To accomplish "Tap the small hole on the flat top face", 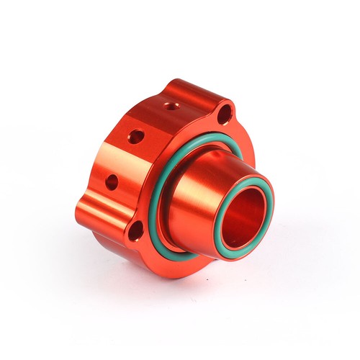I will (x=170, y=106).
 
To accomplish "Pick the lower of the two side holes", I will (x=112, y=181).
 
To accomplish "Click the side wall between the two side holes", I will (x=122, y=158).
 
